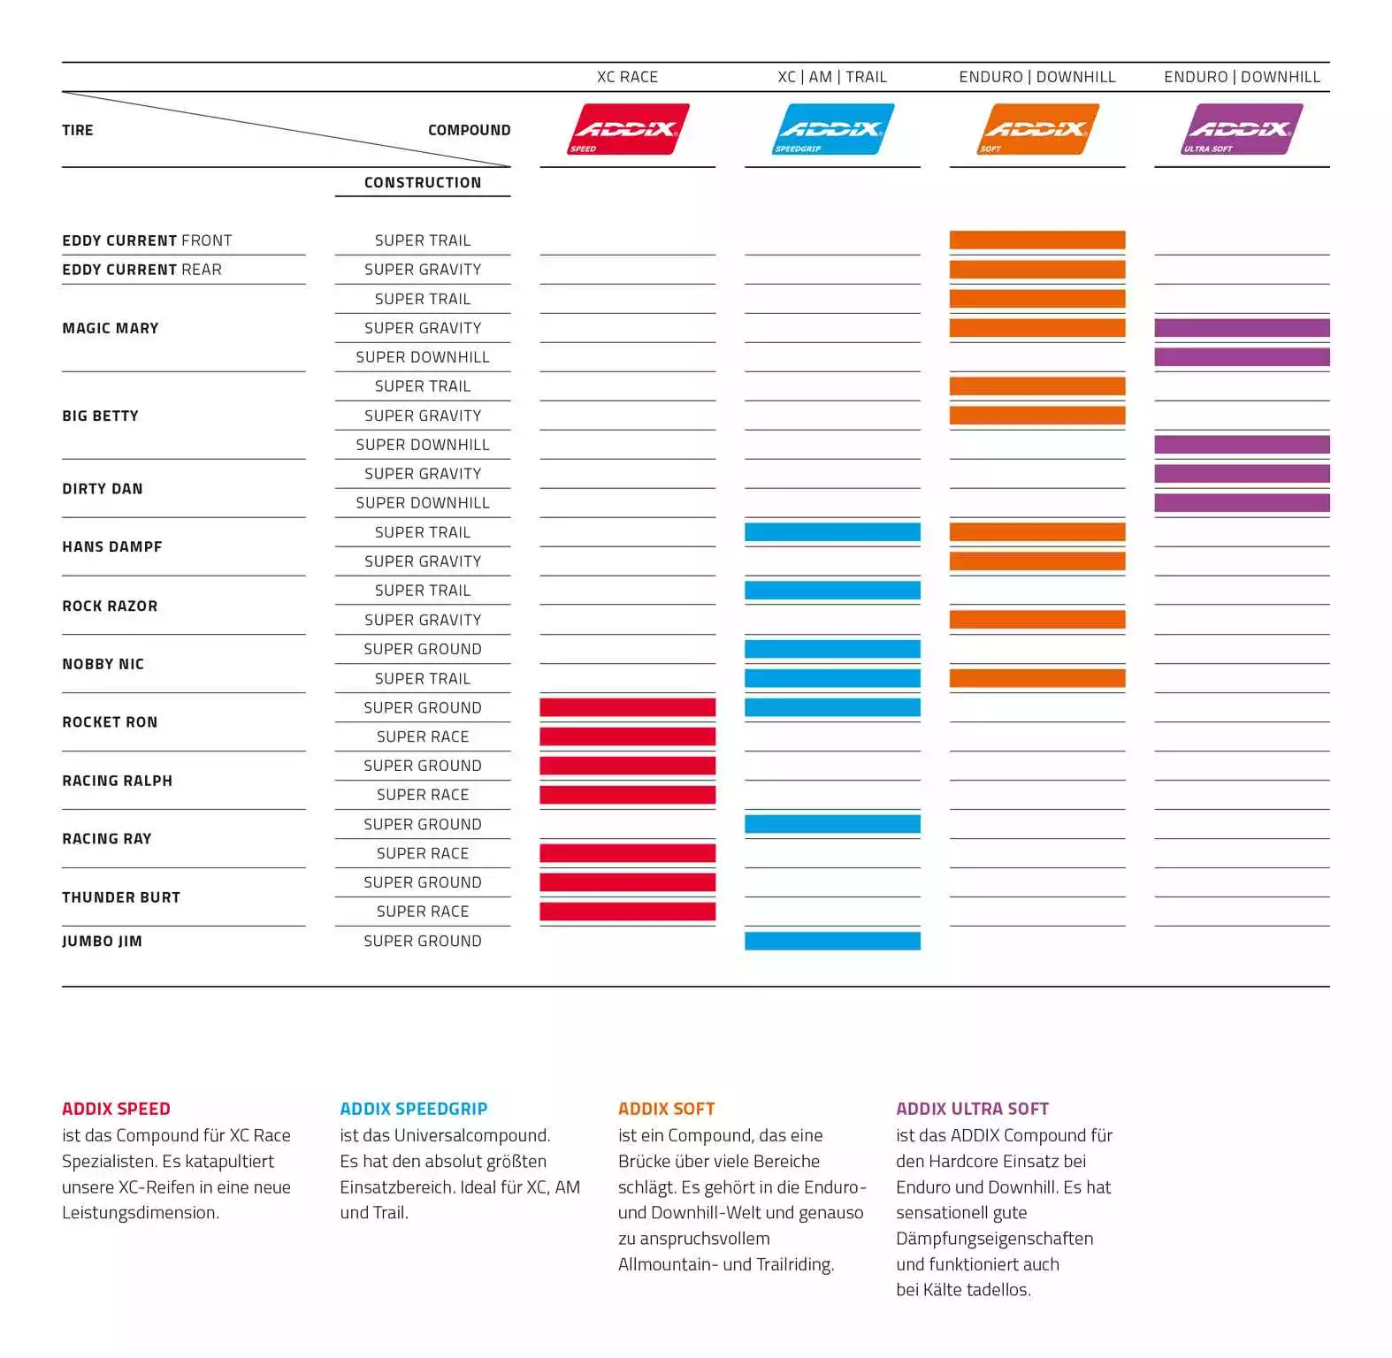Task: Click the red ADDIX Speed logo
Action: tap(628, 129)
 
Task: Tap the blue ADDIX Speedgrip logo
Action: tap(833, 129)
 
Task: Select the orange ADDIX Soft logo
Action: tap(1037, 129)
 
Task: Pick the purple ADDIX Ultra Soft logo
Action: tap(1243, 129)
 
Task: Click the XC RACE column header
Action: tap(627, 77)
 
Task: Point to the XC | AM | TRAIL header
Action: tap(832, 77)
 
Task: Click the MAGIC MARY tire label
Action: tap(111, 328)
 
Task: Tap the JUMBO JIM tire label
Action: tap(102, 941)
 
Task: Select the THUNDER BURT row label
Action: tap(121, 897)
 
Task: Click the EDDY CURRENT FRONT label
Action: tap(147, 240)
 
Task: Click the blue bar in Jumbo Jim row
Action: tap(832, 941)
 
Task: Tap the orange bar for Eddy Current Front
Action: tap(1037, 240)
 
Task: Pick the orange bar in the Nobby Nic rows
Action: tap(1037, 678)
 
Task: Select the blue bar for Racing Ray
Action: tap(832, 824)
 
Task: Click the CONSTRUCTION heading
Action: tap(423, 182)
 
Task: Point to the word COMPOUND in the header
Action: tap(469, 130)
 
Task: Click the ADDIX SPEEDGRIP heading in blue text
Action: tap(414, 1109)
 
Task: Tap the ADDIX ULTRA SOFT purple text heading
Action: tap(972, 1109)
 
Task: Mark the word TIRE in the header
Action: tap(78, 130)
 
